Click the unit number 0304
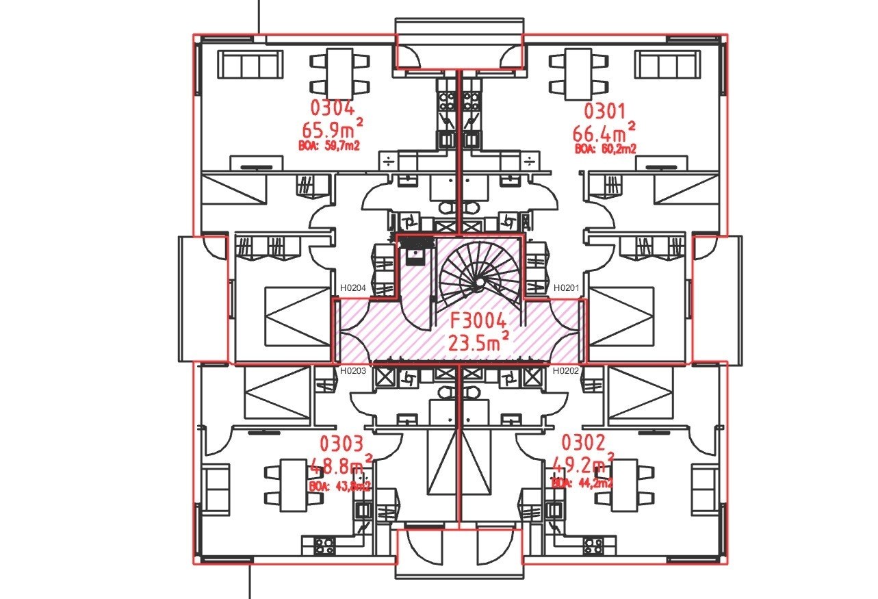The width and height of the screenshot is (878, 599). [333, 109]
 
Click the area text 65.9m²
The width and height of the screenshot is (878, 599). [333, 129]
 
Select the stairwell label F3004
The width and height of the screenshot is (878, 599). [477, 321]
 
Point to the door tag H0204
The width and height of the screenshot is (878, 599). [353, 289]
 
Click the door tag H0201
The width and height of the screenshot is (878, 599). [567, 289]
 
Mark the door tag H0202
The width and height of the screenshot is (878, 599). [567, 371]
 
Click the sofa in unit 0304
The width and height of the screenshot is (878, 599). [251, 66]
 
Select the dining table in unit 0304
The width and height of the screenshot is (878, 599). [340, 73]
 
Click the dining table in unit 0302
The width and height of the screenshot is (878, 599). [625, 485]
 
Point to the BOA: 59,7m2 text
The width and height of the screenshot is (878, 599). [330, 145]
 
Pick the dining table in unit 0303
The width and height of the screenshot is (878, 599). [294, 485]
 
